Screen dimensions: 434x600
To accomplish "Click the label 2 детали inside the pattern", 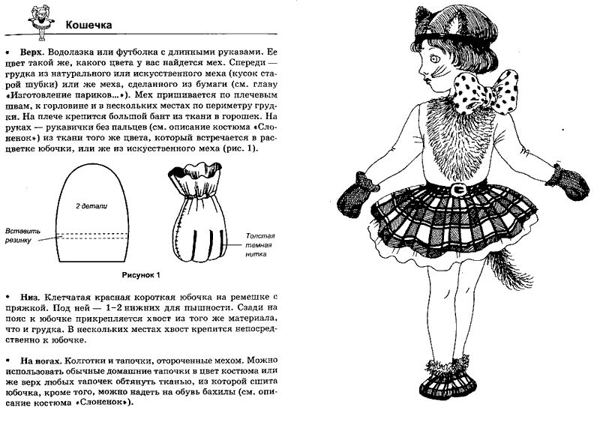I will pos(88,204).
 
